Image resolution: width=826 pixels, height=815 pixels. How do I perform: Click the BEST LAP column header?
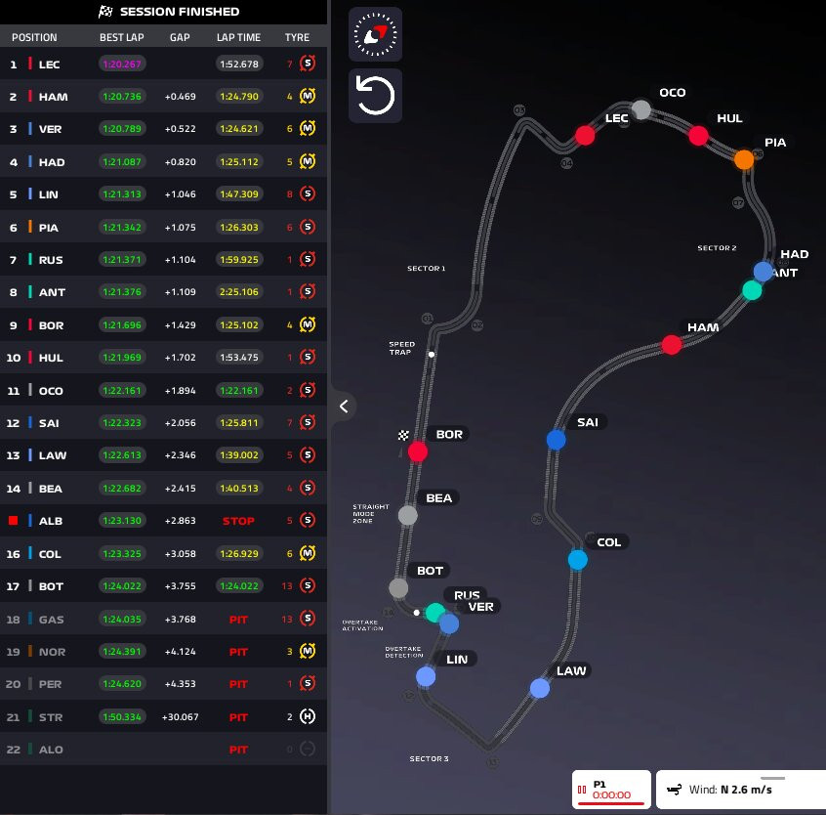pyautogui.click(x=121, y=37)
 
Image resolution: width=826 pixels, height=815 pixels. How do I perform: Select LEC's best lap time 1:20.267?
pyautogui.click(x=121, y=64)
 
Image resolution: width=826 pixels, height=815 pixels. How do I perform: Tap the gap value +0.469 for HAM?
pyautogui.click(x=179, y=97)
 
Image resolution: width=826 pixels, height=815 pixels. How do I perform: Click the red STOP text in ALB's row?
pyautogui.click(x=238, y=521)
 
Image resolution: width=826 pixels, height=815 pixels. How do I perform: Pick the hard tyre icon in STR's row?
pyautogui.click(x=307, y=716)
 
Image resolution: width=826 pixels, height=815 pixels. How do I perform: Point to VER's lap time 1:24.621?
pyautogui.click(x=238, y=129)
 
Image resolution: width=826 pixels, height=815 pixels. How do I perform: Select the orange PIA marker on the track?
pyautogui.click(x=744, y=158)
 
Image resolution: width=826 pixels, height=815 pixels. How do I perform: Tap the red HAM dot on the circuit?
pyautogui.click(x=672, y=344)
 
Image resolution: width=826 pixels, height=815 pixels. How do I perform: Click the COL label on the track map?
pyautogui.click(x=608, y=542)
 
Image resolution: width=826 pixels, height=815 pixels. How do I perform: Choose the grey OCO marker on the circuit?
pyautogui.click(x=641, y=108)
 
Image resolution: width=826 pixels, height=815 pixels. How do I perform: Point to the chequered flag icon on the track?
pyautogui.click(x=403, y=435)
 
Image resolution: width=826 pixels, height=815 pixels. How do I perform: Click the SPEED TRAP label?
pyautogui.click(x=402, y=348)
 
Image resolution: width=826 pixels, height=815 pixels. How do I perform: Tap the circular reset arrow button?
pyautogui.click(x=375, y=96)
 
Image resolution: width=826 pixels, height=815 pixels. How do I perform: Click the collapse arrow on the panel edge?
pyautogui.click(x=344, y=406)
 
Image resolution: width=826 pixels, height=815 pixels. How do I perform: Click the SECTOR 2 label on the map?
pyautogui.click(x=717, y=248)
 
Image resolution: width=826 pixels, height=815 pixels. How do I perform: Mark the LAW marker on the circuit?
pyautogui.click(x=540, y=688)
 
